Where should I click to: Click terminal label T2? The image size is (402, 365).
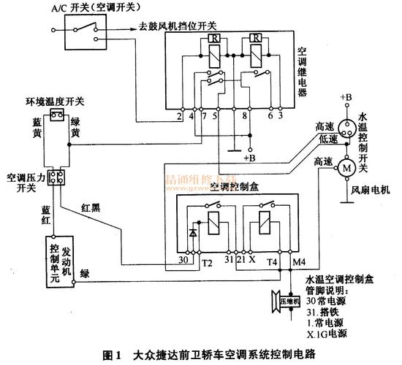(x=206, y=261)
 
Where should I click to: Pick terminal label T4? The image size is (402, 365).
(x=272, y=261)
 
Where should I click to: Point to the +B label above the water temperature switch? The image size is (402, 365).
(x=346, y=97)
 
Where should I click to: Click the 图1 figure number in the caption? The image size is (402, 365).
(x=114, y=356)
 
